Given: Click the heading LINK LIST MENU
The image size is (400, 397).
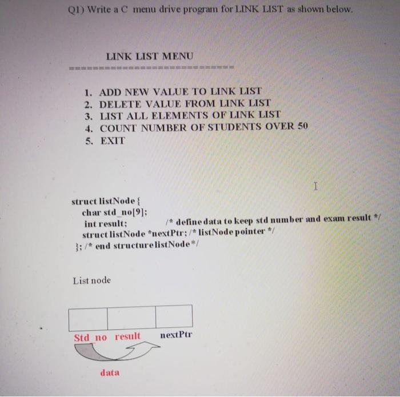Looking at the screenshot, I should (150, 56).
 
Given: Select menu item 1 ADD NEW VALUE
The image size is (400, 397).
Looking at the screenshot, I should (172, 91).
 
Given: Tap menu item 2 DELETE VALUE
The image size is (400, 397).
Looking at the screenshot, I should (177, 104).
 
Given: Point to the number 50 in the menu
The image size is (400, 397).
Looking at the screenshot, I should (303, 126).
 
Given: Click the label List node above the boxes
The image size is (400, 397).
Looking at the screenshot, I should (92, 280).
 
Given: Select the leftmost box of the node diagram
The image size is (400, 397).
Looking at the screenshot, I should (88, 318).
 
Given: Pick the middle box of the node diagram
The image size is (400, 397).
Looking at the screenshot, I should (131, 318).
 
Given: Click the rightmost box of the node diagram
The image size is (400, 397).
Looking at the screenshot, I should (174, 317).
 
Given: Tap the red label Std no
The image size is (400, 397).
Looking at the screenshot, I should (90, 338).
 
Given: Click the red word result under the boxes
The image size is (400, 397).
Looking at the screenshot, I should (127, 336).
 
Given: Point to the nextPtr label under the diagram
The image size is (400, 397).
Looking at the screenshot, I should (176, 334).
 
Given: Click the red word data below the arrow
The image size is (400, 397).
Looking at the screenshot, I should (110, 373).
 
